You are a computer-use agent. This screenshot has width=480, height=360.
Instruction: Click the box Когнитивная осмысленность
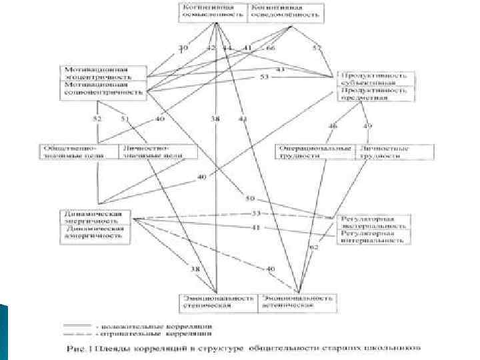[214, 11]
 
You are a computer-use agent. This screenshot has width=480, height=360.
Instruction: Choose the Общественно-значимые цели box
[79, 151]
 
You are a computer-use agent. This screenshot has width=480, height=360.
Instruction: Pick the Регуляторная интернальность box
[374, 236]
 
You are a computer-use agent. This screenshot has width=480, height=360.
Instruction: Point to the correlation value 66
[271, 48]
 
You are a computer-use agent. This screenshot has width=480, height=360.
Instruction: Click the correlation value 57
[317, 47]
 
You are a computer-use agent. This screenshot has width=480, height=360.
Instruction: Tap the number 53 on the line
[264, 78]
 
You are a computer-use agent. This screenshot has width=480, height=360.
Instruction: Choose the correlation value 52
[97, 119]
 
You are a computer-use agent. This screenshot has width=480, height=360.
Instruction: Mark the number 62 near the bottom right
[315, 247]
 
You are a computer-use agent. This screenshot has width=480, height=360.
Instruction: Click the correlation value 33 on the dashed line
[255, 213]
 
